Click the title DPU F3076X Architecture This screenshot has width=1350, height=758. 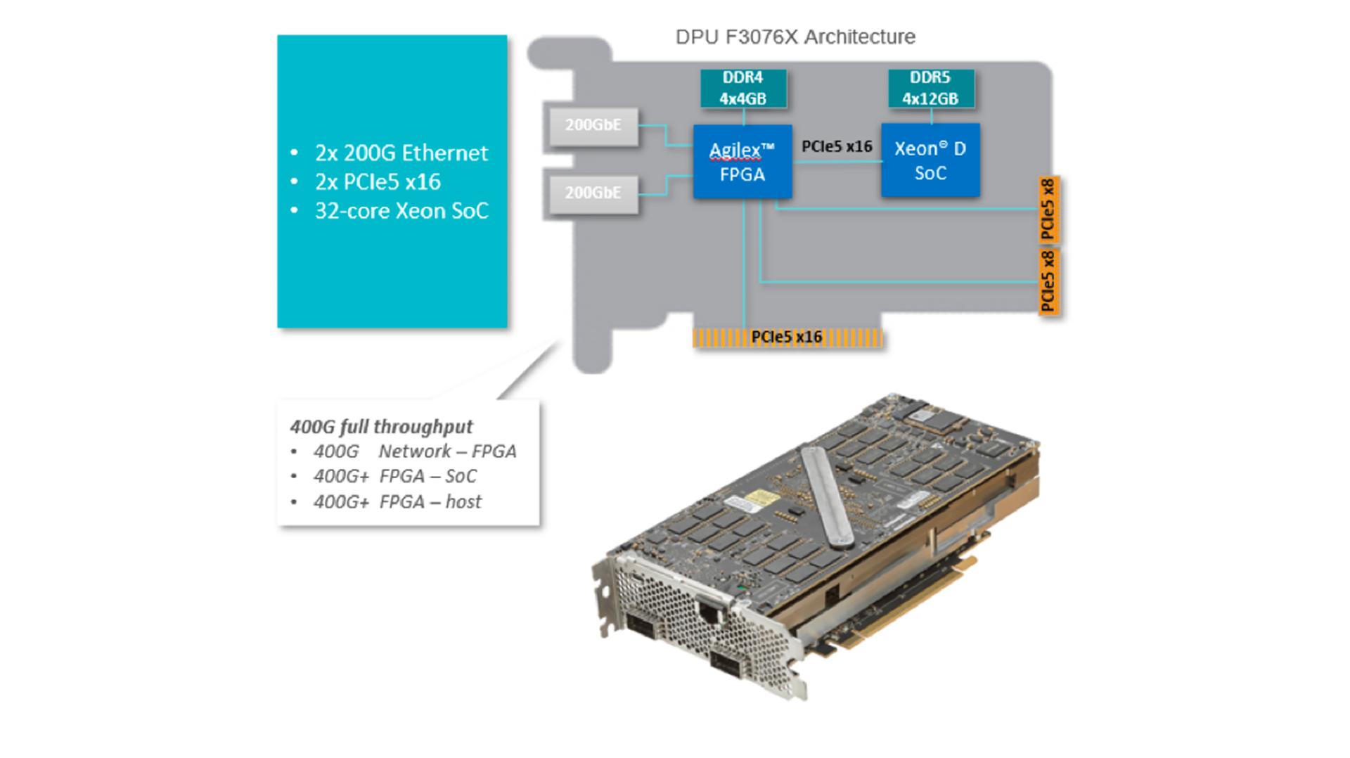pos(795,37)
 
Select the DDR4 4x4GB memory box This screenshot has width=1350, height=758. pos(743,88)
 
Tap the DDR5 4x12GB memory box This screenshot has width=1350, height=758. pos(930,88)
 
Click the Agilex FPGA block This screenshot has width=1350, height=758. pos(742,162)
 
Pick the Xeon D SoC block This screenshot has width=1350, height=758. pos(930,160)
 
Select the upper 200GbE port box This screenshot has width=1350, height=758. pos(593,126)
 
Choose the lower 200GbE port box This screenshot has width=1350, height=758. pos(593,193)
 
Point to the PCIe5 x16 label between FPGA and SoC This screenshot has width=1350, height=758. pos(837,146)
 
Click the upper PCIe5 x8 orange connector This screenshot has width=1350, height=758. pos(1048,210)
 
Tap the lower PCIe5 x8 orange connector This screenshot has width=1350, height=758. pos(1048,281)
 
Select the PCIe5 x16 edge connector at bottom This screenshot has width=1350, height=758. pos(787,338)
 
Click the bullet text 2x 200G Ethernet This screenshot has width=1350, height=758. pos(401,153)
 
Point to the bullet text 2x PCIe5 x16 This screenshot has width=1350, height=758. pos(378,182)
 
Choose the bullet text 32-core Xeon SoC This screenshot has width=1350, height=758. pos(401,211)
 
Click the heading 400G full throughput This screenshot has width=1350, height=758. pos(381,427)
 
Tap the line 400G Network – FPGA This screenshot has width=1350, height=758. pos(415,451)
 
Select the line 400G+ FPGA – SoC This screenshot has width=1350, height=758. pos(395,477)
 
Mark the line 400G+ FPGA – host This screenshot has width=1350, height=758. pos(397,502)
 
